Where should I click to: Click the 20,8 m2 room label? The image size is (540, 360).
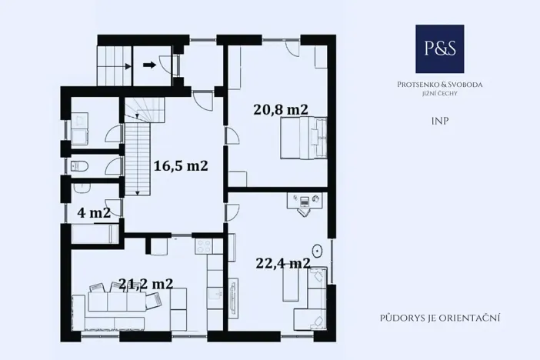click(x=281, y=109)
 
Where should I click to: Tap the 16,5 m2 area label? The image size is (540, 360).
click(x=181, y=165)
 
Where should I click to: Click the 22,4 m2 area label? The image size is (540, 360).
click(x=282, y=263)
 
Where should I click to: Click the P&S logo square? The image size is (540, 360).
click(x=440, y=48)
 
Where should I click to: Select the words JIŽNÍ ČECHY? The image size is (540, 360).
click(x=441, y=93)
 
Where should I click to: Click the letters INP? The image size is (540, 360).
click(x=441, y=122)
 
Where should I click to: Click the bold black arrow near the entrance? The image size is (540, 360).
click(x=150, y=65)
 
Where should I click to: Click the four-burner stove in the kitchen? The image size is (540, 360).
click(x=204, y=247)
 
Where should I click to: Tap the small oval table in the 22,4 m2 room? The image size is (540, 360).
click(x=317, y=250)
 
